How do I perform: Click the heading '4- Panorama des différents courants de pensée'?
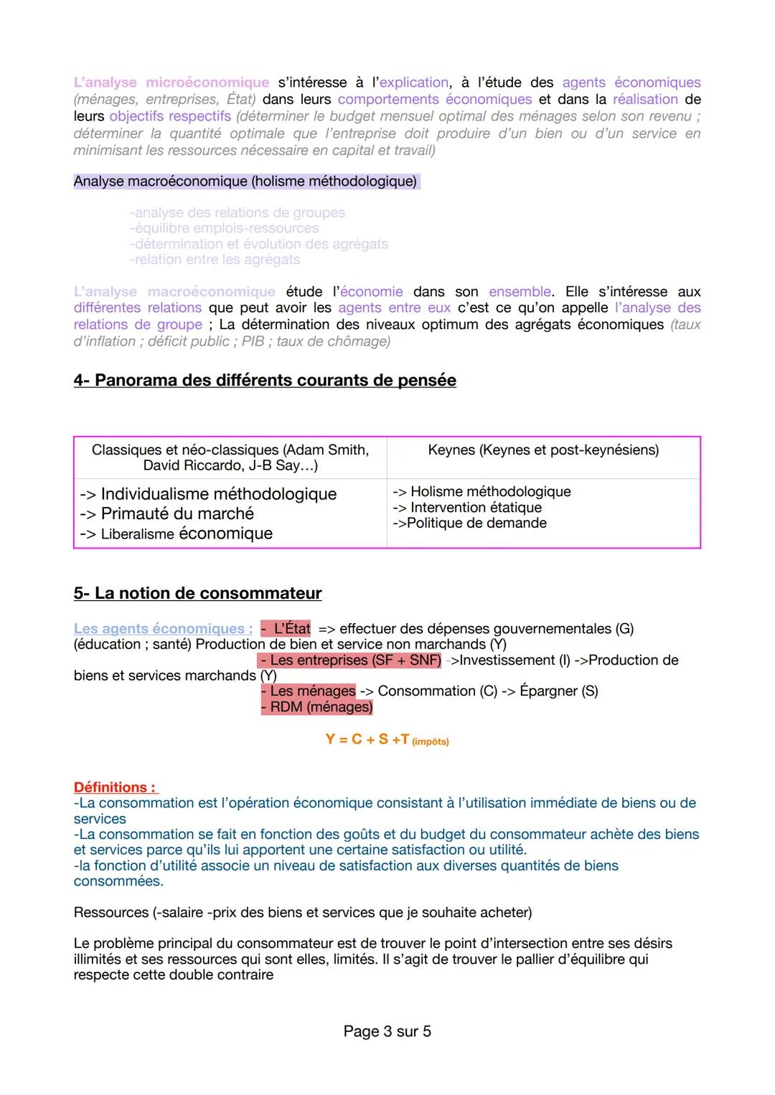coord(264,380)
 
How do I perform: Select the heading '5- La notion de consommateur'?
coord(197,593)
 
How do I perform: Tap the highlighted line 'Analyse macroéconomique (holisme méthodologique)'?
coord(245,181)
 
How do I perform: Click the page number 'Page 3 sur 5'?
coord(387,1031)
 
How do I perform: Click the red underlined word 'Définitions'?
coord(114,787)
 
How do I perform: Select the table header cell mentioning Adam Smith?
coord(230,458)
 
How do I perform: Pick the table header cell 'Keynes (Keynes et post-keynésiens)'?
coord(543,450)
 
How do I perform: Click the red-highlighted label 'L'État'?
coord(287,629)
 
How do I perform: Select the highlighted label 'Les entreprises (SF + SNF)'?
coord(351,660)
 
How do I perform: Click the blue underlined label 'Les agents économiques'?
coord(162,629)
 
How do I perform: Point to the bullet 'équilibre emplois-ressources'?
coord(224,228)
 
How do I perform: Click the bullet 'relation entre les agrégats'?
coord(215,260)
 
